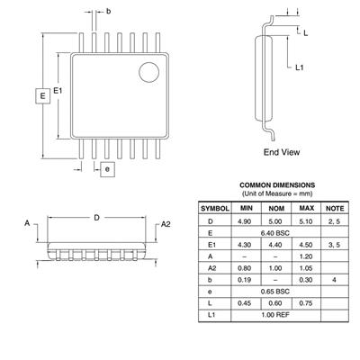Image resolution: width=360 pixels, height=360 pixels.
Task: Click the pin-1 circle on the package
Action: (x=148, y=72)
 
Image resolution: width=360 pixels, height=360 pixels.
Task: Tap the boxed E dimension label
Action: (x=43, y=96)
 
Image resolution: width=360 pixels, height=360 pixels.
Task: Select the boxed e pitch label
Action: (x=107, y=169)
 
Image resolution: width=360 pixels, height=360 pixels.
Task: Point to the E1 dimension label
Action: (x=58, y=90)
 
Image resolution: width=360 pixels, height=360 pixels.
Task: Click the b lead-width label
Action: (x=108, y=12)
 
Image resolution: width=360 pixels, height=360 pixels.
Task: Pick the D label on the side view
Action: (x=96, y=218)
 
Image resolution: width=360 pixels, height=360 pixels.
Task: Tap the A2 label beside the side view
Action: (x=166, y=224)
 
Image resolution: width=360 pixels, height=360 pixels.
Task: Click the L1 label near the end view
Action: (x=300, y=67)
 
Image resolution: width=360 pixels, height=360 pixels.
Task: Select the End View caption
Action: (x=282, y=152)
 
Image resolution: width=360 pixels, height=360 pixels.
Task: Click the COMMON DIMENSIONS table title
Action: (x=277, y=185)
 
